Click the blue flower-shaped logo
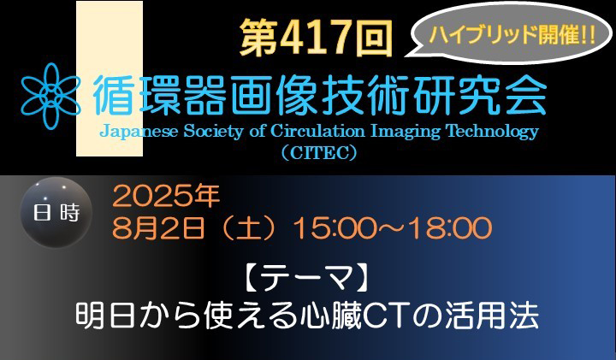click(x=50, y=96)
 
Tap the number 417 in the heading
click(x=316, y=38)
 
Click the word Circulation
click(x=317, y=131)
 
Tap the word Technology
click(x=493, y=133)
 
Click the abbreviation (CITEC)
click(x=319, y=153)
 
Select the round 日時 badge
click(x=56, y=212)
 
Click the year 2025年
click(x=166, y=197)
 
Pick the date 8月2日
click(x=159, y=227)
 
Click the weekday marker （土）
click(x=250, y=228)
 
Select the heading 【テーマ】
click(x=307, y=279)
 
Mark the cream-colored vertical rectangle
click(x=110, y=79)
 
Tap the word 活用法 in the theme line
click(x=491, y=316)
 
